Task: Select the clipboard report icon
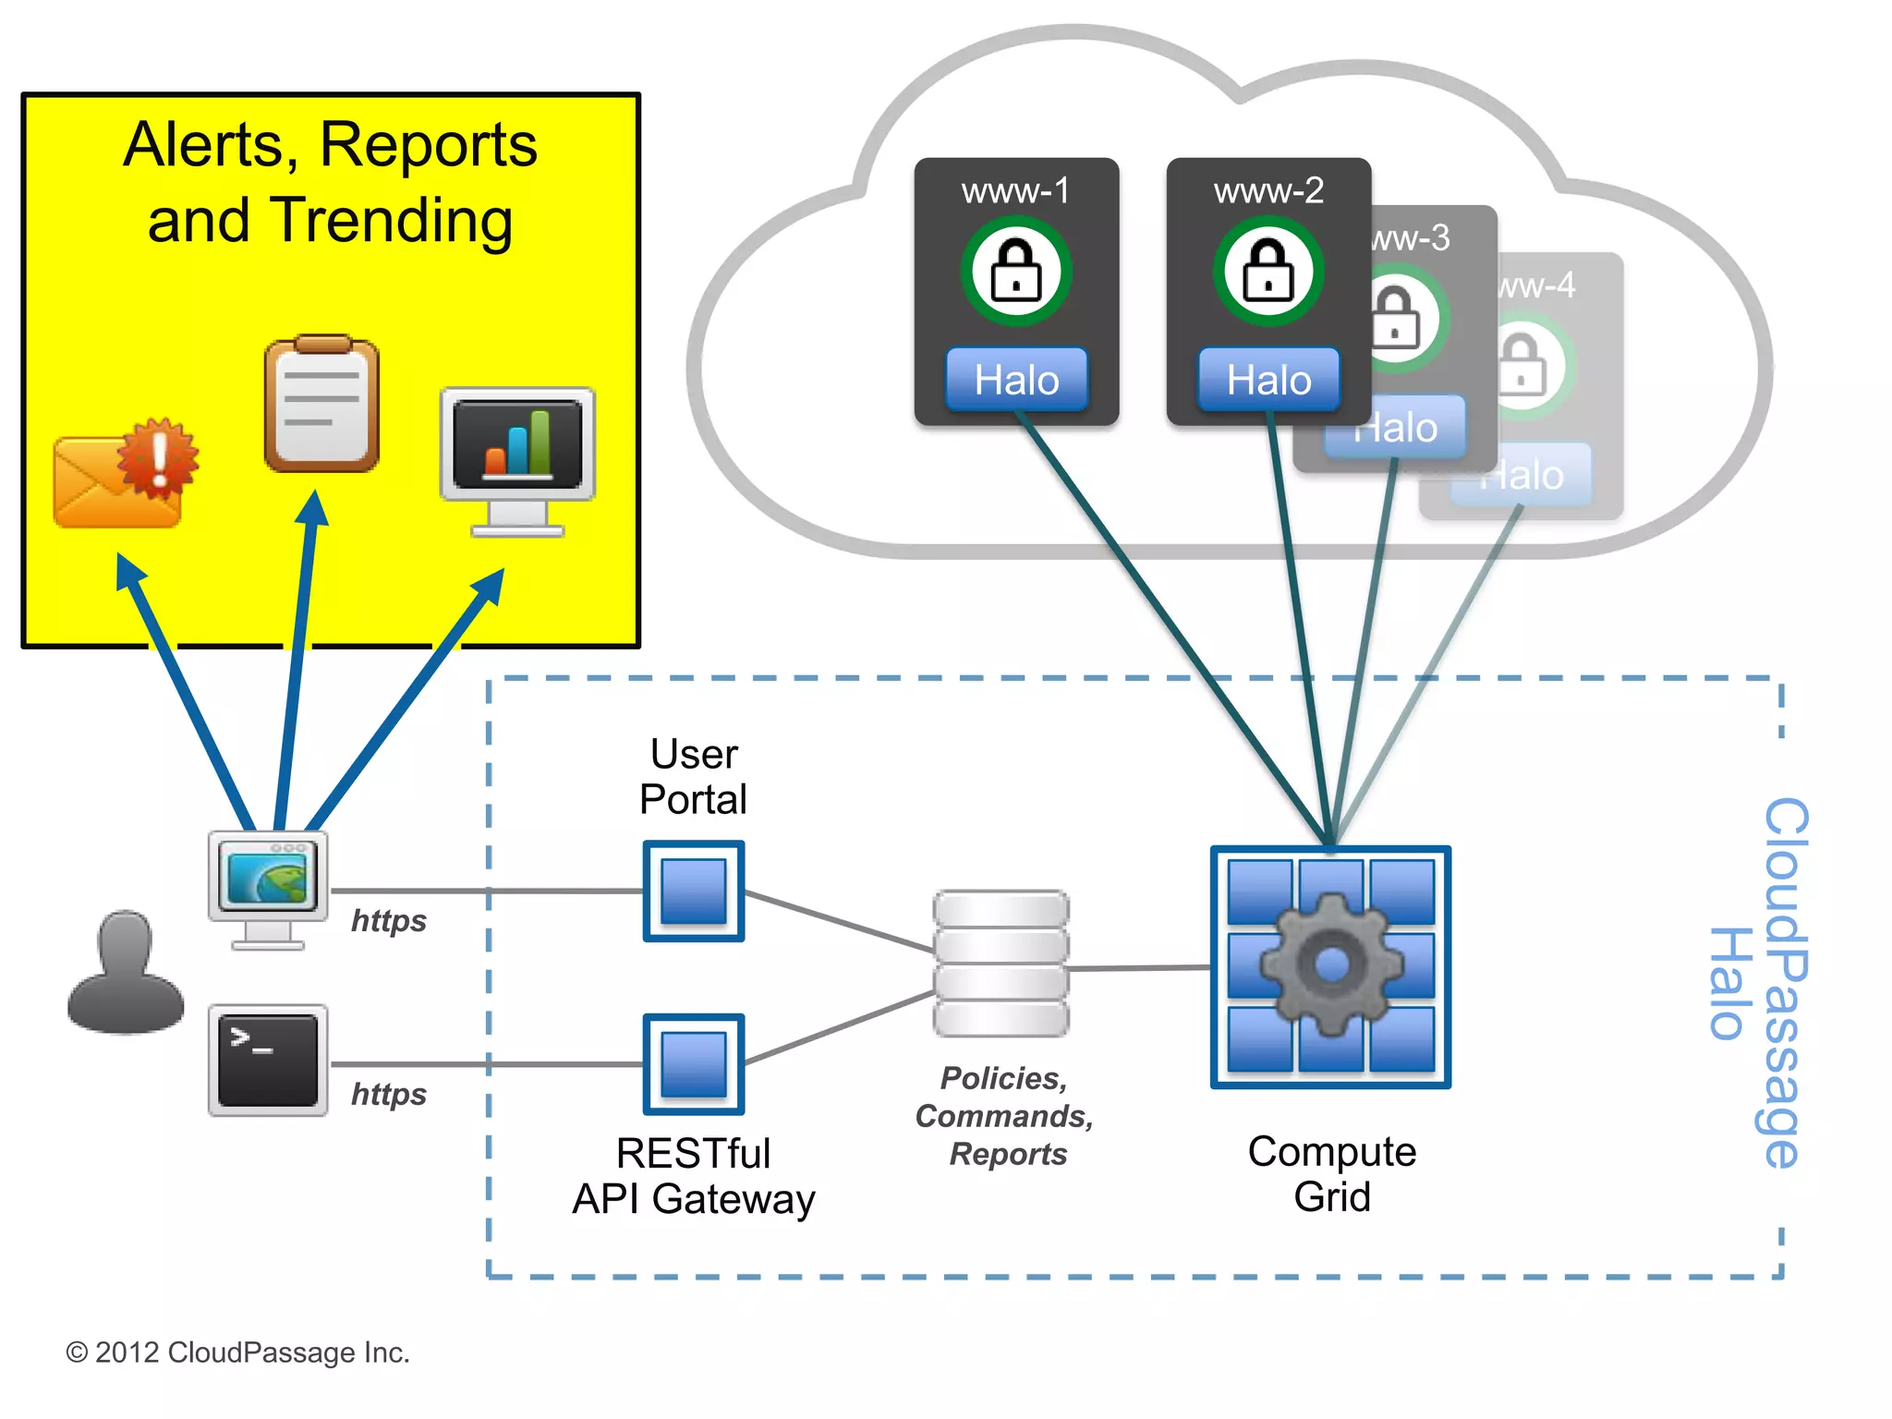[321, 405]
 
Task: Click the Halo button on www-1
[1016, 380]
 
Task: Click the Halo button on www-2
[1268, 380]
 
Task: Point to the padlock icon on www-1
[1016, 271]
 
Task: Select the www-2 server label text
[1268, 191]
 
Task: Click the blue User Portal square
[694, 891]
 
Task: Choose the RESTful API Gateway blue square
[694, 1064]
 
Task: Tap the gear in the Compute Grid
[1331, 964]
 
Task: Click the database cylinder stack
[1001, 963]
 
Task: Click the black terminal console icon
[268, 1061]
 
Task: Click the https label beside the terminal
[389, 1095]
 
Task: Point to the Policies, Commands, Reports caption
[1005, 1116]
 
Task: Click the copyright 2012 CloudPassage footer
[237, 1352]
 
